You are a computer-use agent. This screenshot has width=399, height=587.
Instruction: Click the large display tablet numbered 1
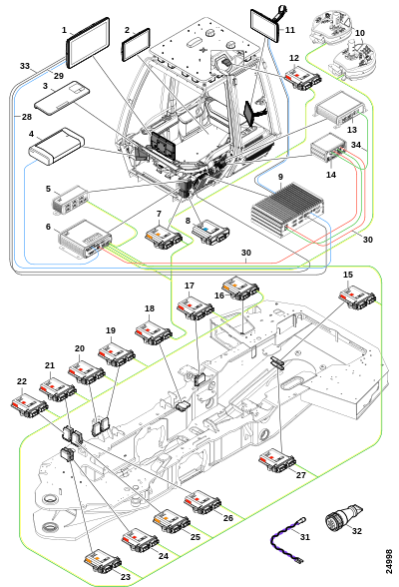(x=88, y=43)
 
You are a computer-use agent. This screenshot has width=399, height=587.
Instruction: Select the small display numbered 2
(x=136, y=45)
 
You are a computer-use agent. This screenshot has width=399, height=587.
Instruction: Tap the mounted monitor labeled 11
(x=264, y=25)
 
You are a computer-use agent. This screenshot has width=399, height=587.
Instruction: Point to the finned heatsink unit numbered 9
(x=287, y=212)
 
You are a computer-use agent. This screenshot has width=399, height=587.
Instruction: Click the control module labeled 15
(x=357, y=297)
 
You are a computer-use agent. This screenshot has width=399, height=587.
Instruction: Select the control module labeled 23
(x=103, y=561)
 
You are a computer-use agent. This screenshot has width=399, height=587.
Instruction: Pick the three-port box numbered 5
(x=70, y=200)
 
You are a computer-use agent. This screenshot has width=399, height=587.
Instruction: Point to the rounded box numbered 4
(x=56, y=146)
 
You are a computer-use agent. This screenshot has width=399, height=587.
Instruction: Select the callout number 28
(x=27, y=117)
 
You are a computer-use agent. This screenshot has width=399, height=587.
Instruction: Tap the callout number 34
(x=356, y=145)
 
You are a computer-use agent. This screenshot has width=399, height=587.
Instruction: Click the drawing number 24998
(x=389, y=561)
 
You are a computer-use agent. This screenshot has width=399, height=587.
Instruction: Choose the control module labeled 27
(x=277, y=460)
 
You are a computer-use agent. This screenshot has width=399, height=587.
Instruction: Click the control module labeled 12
(x=303, y=78)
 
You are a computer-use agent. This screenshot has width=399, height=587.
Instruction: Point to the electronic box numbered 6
(x=85, y=238)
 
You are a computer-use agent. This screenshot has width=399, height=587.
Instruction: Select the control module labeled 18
(x=154, y=332)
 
